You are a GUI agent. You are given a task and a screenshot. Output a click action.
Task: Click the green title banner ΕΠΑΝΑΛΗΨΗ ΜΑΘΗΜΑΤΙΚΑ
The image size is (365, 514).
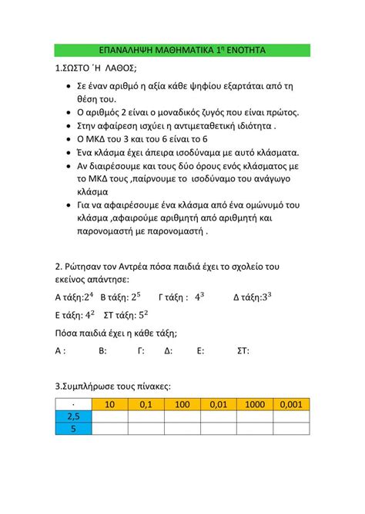[182, 49]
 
